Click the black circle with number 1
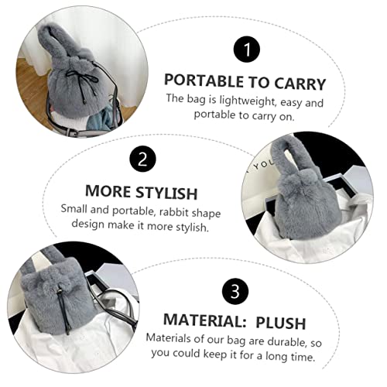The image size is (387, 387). click(x=246, y=52)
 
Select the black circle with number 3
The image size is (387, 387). click(x=236, y=292)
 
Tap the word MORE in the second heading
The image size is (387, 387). click(x=106, y=192)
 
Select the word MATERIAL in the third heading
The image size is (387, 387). click(x=197, y=322)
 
